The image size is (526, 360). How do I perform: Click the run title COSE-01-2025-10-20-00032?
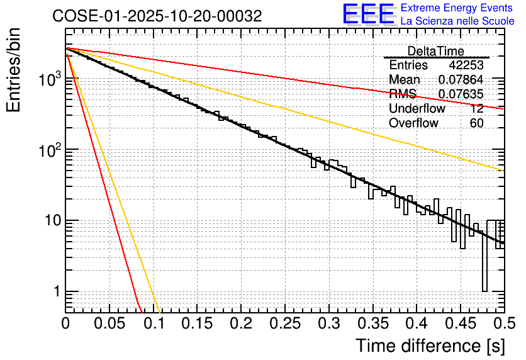pyautogui.click(x=157, y=16)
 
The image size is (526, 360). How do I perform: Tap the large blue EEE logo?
pyautogui.click(x=368, y=15)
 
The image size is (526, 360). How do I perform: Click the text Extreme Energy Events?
pyautogui.click(x=456, y=8)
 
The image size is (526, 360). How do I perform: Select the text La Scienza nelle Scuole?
pyautogui.click(x=457, y=21)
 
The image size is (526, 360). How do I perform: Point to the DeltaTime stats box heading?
pyautogui.click(x=436, y=51)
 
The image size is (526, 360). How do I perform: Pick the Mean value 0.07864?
pyautogui.click(x=461, y=80)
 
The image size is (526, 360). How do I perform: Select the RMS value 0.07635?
pyautogui.click(x=461, y=94)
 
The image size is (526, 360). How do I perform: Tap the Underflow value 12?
pyautogui.click(x=477, y=109)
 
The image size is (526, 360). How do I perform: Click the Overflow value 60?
pyautogui.click(x=477, y=123)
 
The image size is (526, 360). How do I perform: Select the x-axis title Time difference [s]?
pyautogui.click(x=429, y=346)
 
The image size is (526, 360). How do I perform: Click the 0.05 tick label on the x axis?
pyautogui.click(x=109, y=323)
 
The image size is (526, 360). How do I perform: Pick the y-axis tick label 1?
pyautogui.click(x=55, y=292)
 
